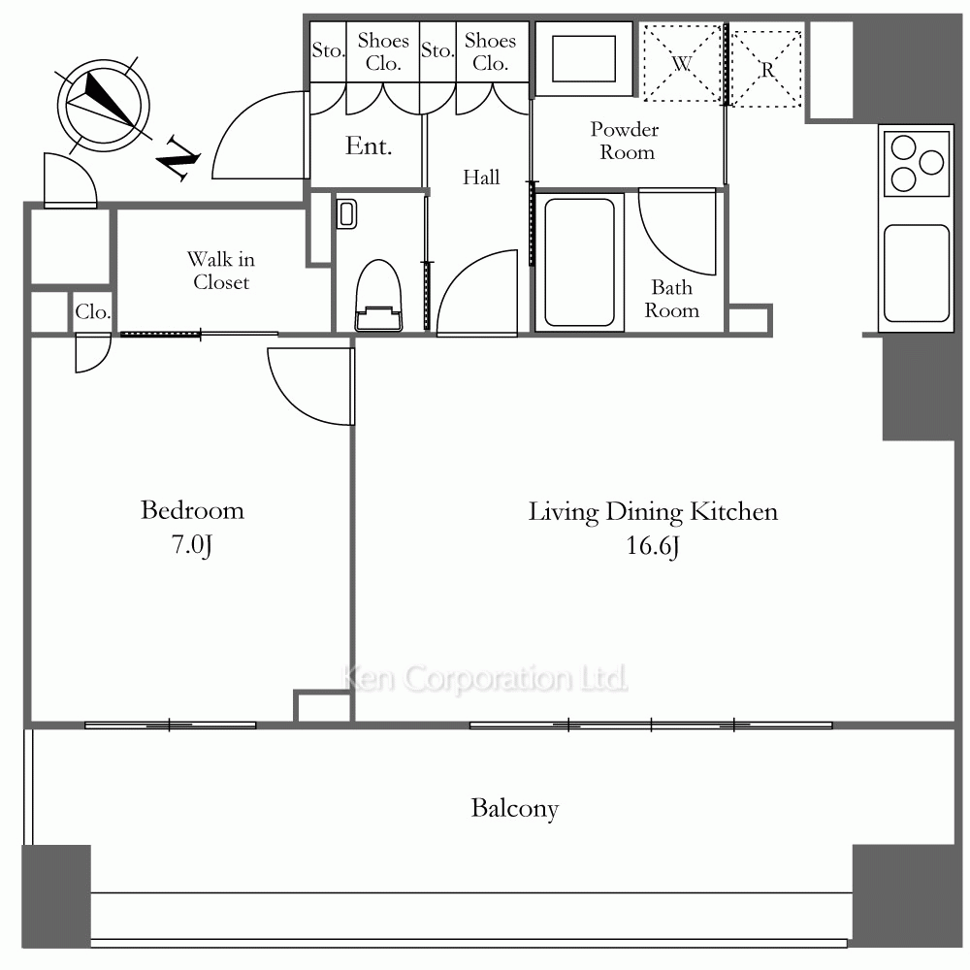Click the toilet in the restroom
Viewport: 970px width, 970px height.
click(378, 296)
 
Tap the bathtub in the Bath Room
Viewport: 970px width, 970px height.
click(580, 262)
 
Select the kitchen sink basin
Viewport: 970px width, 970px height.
click(917, 274)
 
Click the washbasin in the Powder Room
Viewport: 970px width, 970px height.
click(584, 59)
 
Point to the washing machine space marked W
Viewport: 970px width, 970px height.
click(682, 63)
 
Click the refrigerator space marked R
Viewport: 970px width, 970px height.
click(766, 69)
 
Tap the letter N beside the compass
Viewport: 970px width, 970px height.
click(178, 159)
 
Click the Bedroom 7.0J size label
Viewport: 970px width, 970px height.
click(192, 544)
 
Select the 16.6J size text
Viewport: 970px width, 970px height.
click(653, 545)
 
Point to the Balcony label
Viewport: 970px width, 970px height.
click(515, 809)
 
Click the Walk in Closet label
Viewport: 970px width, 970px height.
click(221, 271)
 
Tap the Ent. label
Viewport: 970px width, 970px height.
click(369, 146)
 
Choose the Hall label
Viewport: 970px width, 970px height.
click(481, 178)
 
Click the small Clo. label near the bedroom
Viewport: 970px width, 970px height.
click(93, 311)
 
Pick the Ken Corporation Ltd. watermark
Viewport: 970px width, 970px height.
click(485, 678)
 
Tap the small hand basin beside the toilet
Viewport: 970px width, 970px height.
click(346, 214)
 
